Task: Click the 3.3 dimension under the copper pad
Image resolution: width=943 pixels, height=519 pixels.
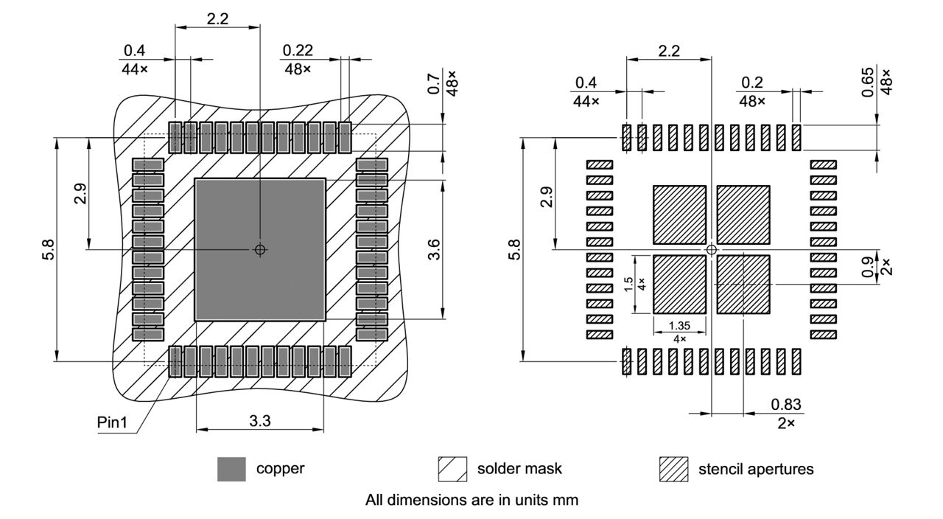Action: pos(259,422)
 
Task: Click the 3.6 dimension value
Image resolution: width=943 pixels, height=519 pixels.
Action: pos(435,249)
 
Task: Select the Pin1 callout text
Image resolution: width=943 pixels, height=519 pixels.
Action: pos(112,424)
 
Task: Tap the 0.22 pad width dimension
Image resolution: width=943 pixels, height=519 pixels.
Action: pos(298,50)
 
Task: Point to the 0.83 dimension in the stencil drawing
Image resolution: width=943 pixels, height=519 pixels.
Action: pos(786,404)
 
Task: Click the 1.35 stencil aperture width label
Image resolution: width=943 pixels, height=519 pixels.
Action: pos(679,325)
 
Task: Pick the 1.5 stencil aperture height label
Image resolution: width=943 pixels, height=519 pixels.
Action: pos(628,284)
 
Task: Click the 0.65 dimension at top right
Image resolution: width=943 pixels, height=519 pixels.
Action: pos(866,81)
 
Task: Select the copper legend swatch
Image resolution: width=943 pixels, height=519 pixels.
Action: pos(231,469)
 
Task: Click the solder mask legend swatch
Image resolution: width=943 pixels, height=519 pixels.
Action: pos(452,469)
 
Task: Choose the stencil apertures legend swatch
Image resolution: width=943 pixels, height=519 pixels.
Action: pos(673,469)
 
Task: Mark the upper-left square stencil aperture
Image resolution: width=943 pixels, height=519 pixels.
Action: pos(679,215)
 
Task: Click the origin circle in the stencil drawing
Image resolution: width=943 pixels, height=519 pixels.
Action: pos(711,249)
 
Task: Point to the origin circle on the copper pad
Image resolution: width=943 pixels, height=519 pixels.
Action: pos(259,249)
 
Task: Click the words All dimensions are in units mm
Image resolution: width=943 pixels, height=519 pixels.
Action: pos(471,500)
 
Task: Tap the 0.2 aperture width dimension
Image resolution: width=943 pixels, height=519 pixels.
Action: pos(752,82)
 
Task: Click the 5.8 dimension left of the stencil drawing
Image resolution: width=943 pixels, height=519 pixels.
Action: pos(516,249)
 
